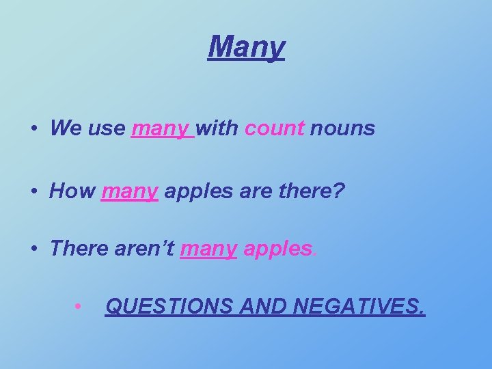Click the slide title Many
246,47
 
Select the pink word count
273,128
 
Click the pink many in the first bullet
162,128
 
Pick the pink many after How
131,192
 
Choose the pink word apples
277,249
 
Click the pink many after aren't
208,249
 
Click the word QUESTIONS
169,307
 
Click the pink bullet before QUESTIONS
79,306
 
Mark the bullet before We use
33,128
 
